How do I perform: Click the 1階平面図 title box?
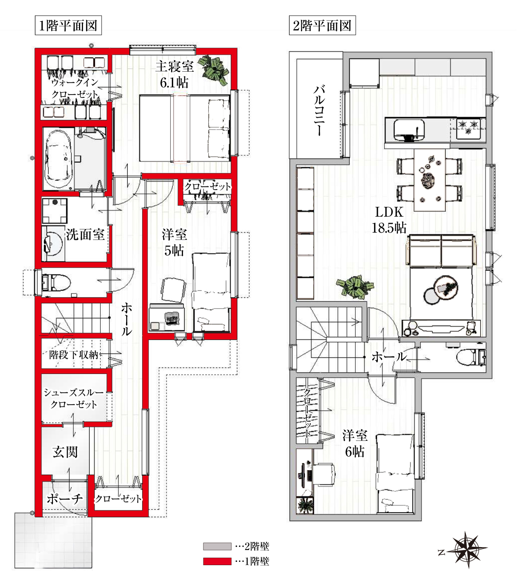(x=68, y=25)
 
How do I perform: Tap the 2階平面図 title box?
(x=322, y=25)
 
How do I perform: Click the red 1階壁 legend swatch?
(x=217, y=561)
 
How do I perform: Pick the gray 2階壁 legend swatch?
(x=217, y=546)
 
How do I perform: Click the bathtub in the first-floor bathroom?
(x=59, y=159)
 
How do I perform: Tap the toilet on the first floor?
(x=56, y=282)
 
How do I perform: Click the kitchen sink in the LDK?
(x=409, y=129)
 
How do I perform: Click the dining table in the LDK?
(x=429, y=180)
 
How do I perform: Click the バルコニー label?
(x=319, y=110)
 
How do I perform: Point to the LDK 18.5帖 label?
(x=389, y=220)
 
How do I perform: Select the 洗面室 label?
(x=86, y=235)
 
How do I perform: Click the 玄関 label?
(x=65, y=452)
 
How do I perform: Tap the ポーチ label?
(x=65, y=498)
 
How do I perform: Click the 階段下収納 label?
(x=74, y=354)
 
